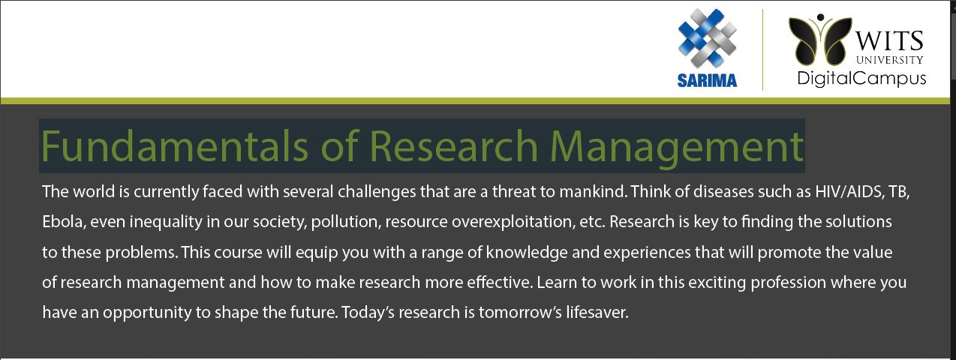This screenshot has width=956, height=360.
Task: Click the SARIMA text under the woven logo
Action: [707, 80]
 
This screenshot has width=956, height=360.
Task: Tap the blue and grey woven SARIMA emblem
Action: [707, 38]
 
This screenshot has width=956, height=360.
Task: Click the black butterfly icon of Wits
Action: [820, 40]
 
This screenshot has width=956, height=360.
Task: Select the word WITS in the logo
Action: [889, 41]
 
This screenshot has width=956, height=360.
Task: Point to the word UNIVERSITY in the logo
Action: [890, 60]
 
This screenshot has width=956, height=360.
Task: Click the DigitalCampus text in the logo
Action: [861, 79]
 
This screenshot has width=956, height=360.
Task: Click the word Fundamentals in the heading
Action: [175, 146]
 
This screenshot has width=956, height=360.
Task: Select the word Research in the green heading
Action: [455, 146]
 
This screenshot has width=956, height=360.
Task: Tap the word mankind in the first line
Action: [594, 191]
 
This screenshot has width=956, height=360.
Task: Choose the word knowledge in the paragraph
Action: [527, 253]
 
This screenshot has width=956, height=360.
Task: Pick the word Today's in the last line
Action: [368, 312]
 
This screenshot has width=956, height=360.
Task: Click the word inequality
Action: [166, 222]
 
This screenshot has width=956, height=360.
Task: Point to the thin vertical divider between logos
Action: [762, 50]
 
